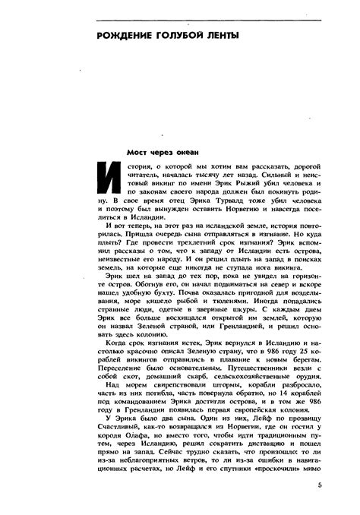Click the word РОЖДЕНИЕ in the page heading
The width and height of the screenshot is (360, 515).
pyautogui.click(x=124, y=36)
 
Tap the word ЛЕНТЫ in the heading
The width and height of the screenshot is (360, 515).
pyautogui.click(x=221, y=36)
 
